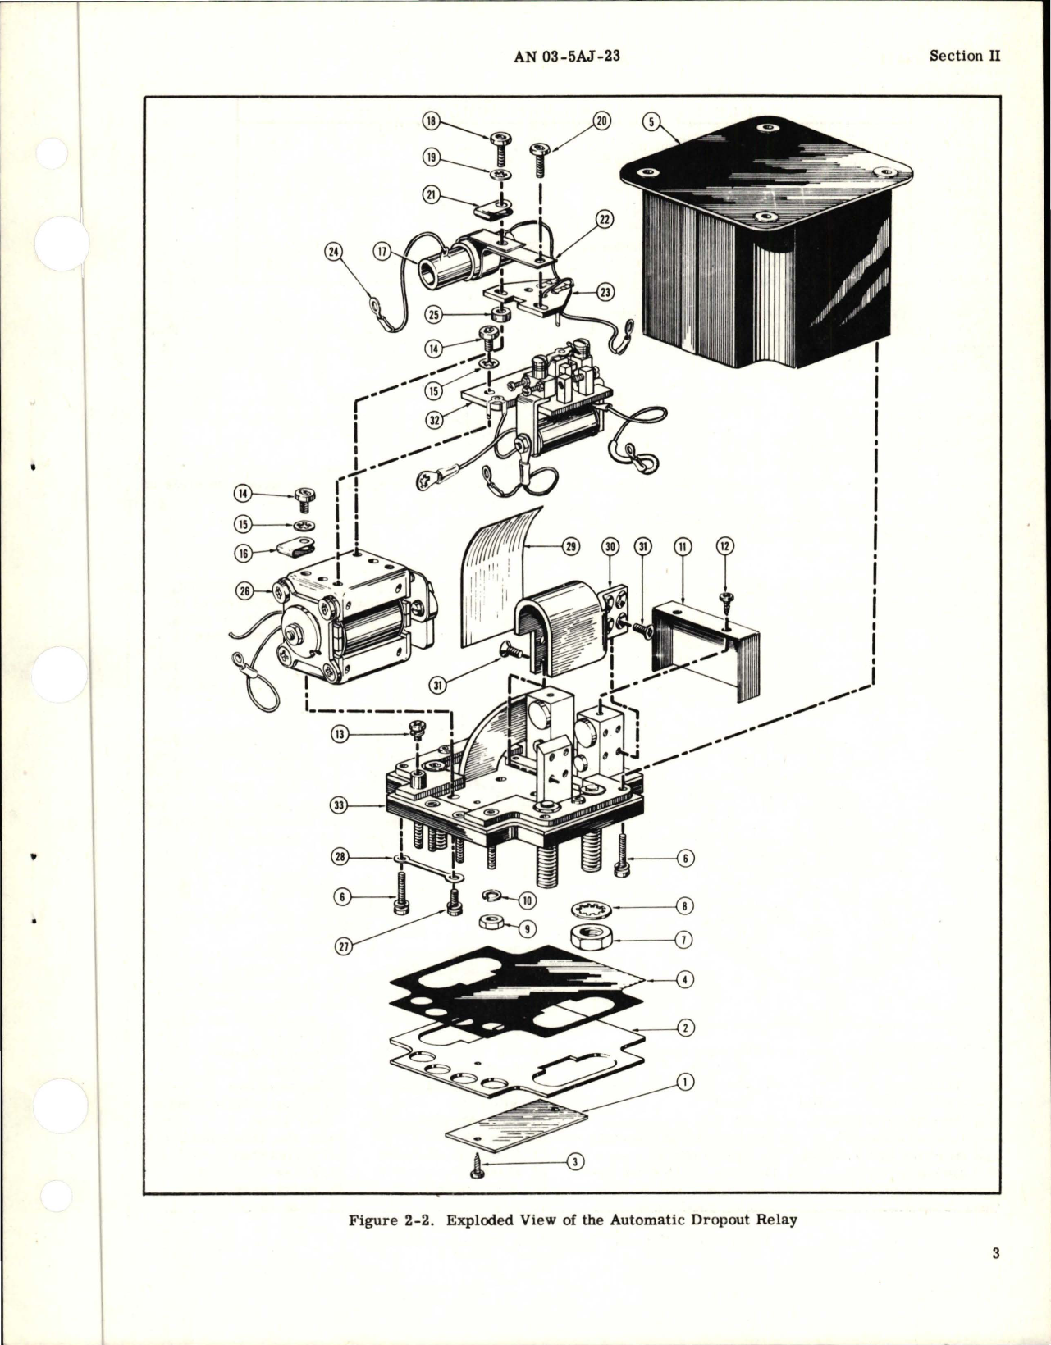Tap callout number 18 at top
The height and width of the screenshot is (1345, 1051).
tap(431, 121)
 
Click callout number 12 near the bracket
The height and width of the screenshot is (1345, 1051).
tap(724, 546)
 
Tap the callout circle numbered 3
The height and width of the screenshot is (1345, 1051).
tap(577, 1161)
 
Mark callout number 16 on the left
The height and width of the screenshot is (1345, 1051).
tap(244, 554)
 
